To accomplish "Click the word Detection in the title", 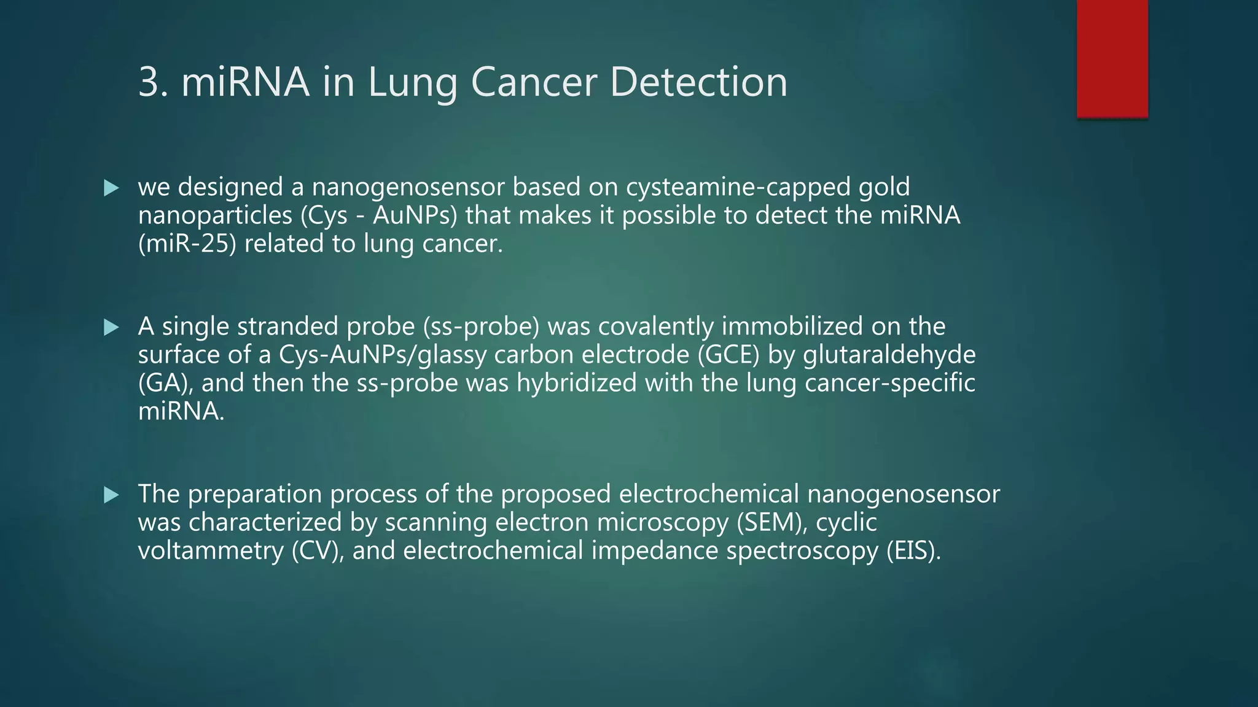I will tap(699, 82).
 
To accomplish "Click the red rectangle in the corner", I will tap(1112, 58).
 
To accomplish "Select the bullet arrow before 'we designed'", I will tap(111, 188).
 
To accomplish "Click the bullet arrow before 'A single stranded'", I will tap(111, 327).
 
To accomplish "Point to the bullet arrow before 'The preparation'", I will tap(111, 495).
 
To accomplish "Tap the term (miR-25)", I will tap(187, 244).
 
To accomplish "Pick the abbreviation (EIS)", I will tap(913, 551).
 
